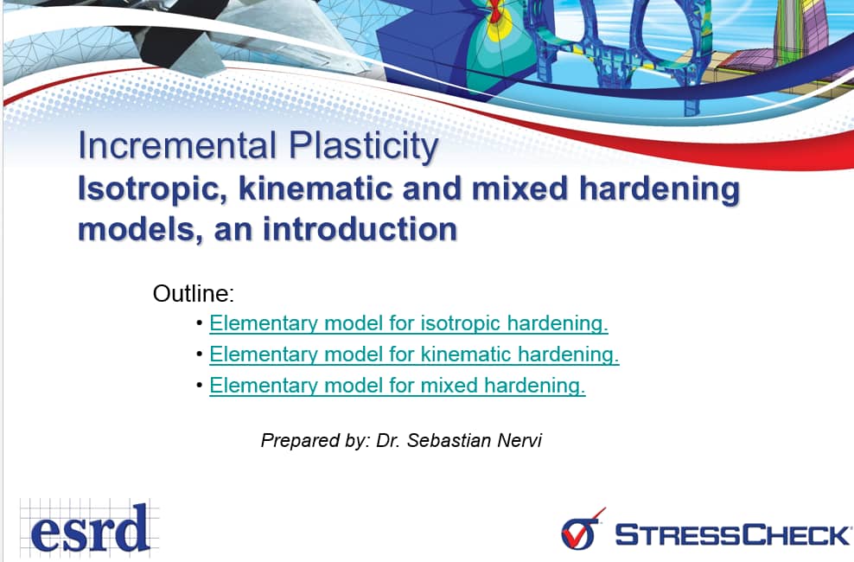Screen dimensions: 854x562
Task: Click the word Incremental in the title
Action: click(x=177, y=145)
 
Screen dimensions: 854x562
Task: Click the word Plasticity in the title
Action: click(x=363, y=147)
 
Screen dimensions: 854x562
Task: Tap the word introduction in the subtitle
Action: click(x=360, y=229)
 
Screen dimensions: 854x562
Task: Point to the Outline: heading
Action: click(x=194, y=294)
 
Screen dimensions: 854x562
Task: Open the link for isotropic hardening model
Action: click(x=409, y=323)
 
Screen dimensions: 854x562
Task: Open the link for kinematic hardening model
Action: click(x=414, y=354)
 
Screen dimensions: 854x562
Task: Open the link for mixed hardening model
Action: click(x=397, y=385)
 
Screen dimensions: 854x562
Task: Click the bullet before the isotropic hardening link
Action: click(x=200, y=323)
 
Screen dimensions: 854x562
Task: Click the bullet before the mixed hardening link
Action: click(x=200, y=386)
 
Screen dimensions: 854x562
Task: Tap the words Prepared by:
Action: click(x=315, y=441)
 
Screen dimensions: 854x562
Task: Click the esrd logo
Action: click(x=90, y=528)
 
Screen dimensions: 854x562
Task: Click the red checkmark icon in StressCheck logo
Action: click(x=583, y=528)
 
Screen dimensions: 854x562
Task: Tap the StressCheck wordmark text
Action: click(x=733, y=534)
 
